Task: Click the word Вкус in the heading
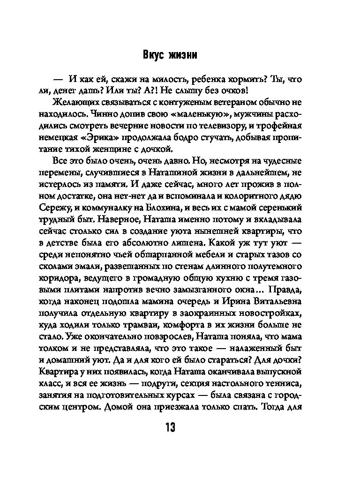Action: click(153, 55)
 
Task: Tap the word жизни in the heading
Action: click(182, 55)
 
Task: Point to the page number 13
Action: click(170, 427)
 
